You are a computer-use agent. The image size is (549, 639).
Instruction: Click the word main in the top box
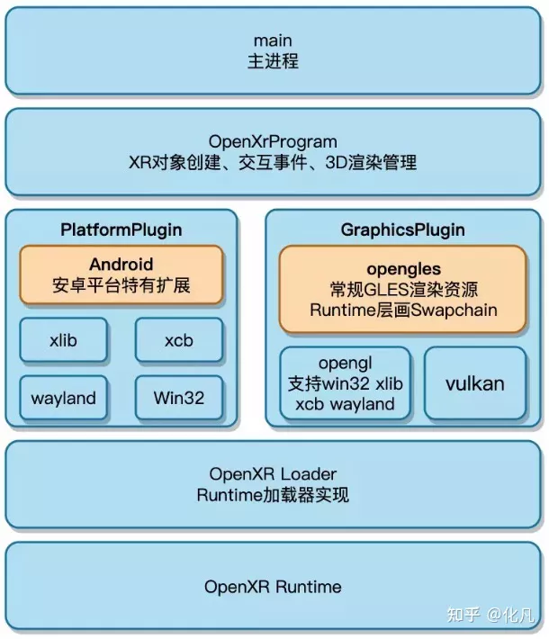pyautogui.click(x=273, y=41)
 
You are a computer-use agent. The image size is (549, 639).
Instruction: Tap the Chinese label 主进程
pyautogui.click(x=273, y=62)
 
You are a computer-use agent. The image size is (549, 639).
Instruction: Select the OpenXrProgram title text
pyautogui.click(x=273, y=141)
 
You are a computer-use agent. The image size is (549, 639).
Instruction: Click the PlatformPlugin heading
pyautogui.click(x=121, y=229)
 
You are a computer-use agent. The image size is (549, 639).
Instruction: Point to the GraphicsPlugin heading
pyautogui.click(x=402, y=229)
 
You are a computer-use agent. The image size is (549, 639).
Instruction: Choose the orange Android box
pyautogui.click(x=121, y=276)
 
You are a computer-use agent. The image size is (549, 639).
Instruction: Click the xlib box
pyautogui.click(x=64, y=341)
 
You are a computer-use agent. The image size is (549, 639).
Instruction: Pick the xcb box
pyautogui.click(x=179, y=341)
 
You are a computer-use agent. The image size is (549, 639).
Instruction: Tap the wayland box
pyautogui.click(x=63, y=398)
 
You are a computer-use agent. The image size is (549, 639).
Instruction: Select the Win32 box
pyautogui.click(x=179, y=398)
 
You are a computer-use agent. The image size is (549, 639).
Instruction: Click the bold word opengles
pyautogui.click(x=403, y=268)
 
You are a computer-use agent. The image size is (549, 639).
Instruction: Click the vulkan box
pyautogui.click(x=474, y=383)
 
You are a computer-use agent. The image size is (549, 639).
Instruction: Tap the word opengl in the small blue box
pyautogui.click(x=341, y=364)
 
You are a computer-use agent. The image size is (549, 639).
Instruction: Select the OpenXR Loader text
pyautogui.click(x=273, y=473)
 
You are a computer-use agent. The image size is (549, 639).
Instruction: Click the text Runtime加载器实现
pyautogui.click(x=273, y=495)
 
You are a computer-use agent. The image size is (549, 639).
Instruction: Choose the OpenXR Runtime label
pyautogui.click(x=273, y=587)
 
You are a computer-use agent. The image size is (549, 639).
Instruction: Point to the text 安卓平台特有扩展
pyautogui.click(x=121, y=287)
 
